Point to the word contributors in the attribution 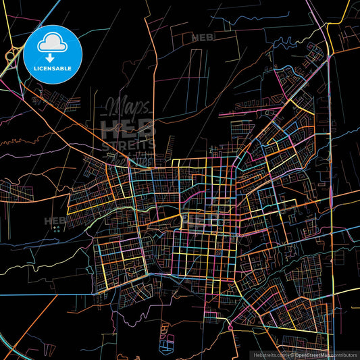[x=344, y=355]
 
